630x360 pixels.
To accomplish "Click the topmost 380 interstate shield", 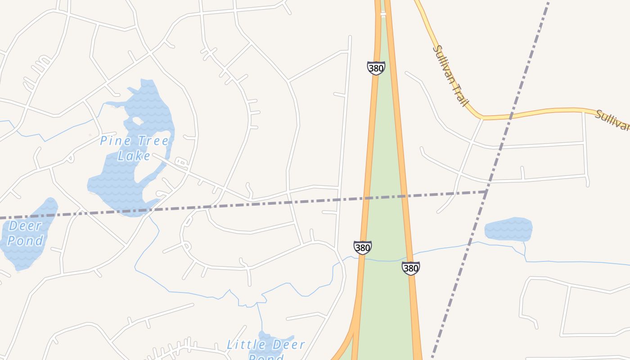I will click(x=376, y=68).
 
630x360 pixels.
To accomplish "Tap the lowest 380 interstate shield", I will click(x=410, y=268).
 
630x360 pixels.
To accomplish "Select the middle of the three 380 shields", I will click(x=362, y=247).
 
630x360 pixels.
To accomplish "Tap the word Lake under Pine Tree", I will click(x=134, y=156).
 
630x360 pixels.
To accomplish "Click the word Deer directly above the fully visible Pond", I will click(x=25, y=225).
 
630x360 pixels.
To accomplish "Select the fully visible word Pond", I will click(x=25, y=241).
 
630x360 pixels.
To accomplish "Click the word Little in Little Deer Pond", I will click(x=243, y=345).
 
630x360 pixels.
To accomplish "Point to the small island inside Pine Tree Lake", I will click(x=136, y=121).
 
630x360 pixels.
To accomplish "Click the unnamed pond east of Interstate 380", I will click(x=508, y=229).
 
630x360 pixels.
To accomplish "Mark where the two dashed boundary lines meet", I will click(x=486, y=192).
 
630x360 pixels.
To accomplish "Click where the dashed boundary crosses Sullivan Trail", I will click(x=511, y=116).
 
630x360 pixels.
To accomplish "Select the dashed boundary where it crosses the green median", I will click(x=385, y=197).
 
